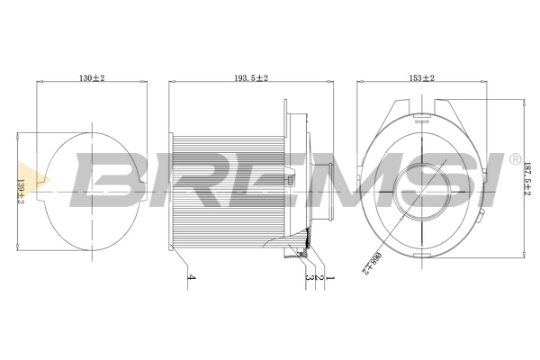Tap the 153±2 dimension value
pyautogui.click(x=420, y=78)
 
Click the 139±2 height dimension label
pyautogui.click(x=21, y=191)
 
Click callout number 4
pyautogui.click(x=191, y=279)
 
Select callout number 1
pyautogui.click(x=330, y=279)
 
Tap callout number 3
pyautogui.click(x=309, y=279)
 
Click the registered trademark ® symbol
pyautogui.click(x=514, y=159)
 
